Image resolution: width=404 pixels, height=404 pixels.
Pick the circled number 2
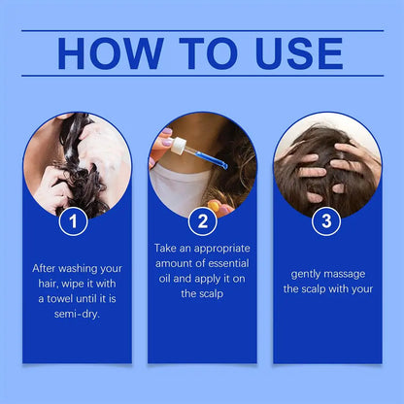pyautogui.click(x=202, y=221)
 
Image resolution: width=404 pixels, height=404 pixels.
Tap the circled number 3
pyautogui.click(x=326, y=221)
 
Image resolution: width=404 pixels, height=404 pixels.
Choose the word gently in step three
pyautogui.click(x=304, y=274)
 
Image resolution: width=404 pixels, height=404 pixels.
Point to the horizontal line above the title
pyautogui.click(x=202, y=30)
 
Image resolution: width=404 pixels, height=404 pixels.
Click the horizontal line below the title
pyautogui.click(x=202, y=76)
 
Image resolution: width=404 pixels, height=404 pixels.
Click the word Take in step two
pyautogui.click(x=168, y=248)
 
